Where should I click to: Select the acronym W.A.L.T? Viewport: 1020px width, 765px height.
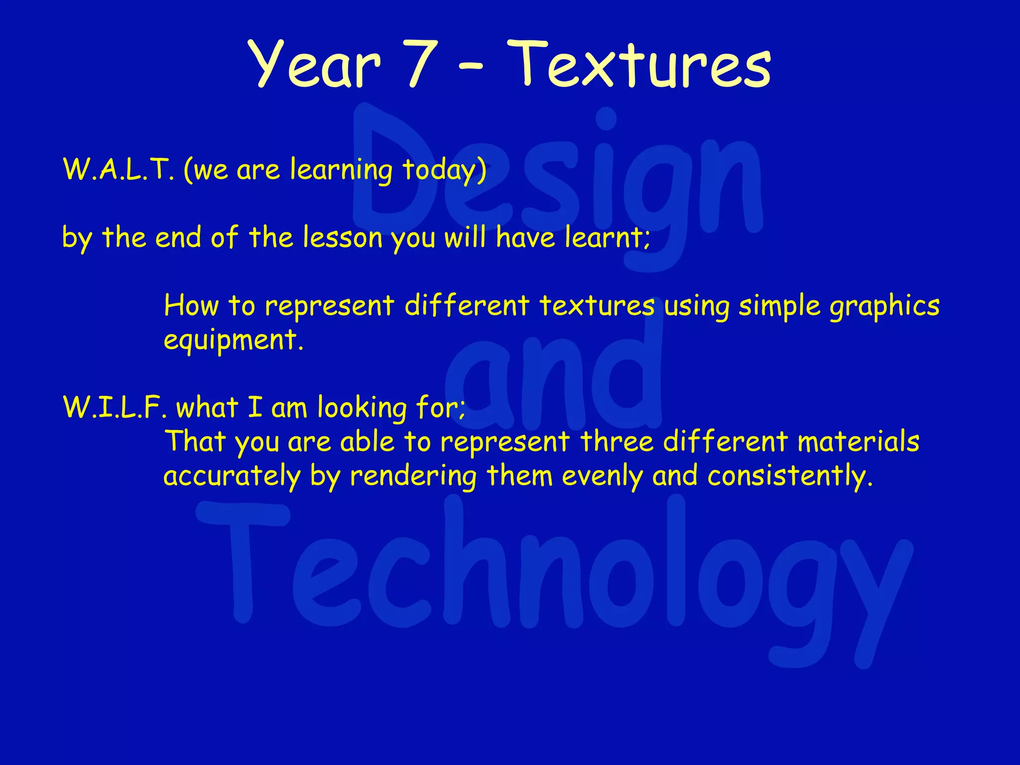pos(119,169)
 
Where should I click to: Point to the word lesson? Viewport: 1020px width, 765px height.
pos(342,238)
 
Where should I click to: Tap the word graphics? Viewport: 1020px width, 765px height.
pos(885,307)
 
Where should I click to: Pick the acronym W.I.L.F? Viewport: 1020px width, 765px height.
pos(115,407)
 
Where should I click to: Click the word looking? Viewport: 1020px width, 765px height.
pos(362,408)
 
